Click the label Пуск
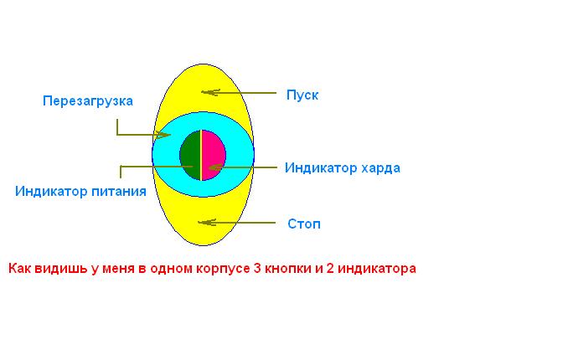302,95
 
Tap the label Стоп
304,224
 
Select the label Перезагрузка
88,100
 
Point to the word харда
380,168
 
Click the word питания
119,191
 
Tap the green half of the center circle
190,155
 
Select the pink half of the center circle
214,155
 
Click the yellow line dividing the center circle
201,155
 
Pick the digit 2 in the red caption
330,269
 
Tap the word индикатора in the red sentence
377,269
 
